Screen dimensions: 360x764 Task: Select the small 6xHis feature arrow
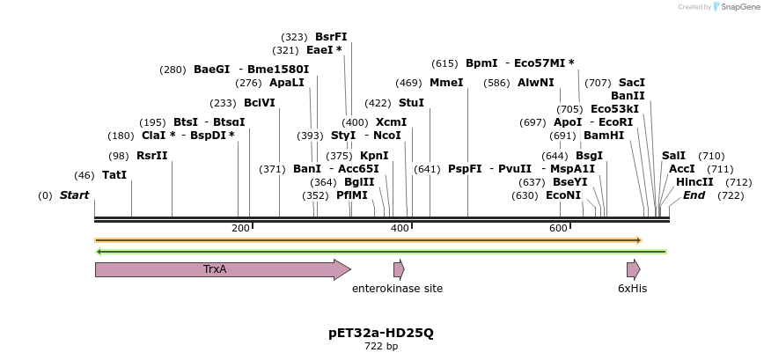(x=633, y=269)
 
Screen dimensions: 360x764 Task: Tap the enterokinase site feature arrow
(x=399, y=269)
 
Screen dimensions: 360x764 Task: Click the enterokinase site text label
(x=397, y=289)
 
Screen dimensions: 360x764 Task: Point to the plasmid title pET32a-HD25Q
(x=381, y=333)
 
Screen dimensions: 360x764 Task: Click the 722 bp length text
(x=381, y=347)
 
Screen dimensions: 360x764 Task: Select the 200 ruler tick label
(x=240, y=229)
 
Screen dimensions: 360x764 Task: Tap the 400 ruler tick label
(x=400, y=229)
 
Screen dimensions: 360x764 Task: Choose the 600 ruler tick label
(x=558, y=229)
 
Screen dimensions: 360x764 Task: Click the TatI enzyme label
(x=114, y=175)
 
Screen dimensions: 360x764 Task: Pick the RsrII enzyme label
(x=151, y=156)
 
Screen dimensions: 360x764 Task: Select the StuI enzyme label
(x=411, y=103)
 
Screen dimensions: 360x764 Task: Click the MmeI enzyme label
(x=446, y=83)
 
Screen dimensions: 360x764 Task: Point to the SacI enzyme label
(x=632, y=83)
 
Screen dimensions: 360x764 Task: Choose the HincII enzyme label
(x=694, y=182)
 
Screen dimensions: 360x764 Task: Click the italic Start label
(x=74, y=195)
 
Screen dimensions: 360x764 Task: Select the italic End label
(x=694, y=195)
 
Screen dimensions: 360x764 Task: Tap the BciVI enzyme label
(x=259, y=103)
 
